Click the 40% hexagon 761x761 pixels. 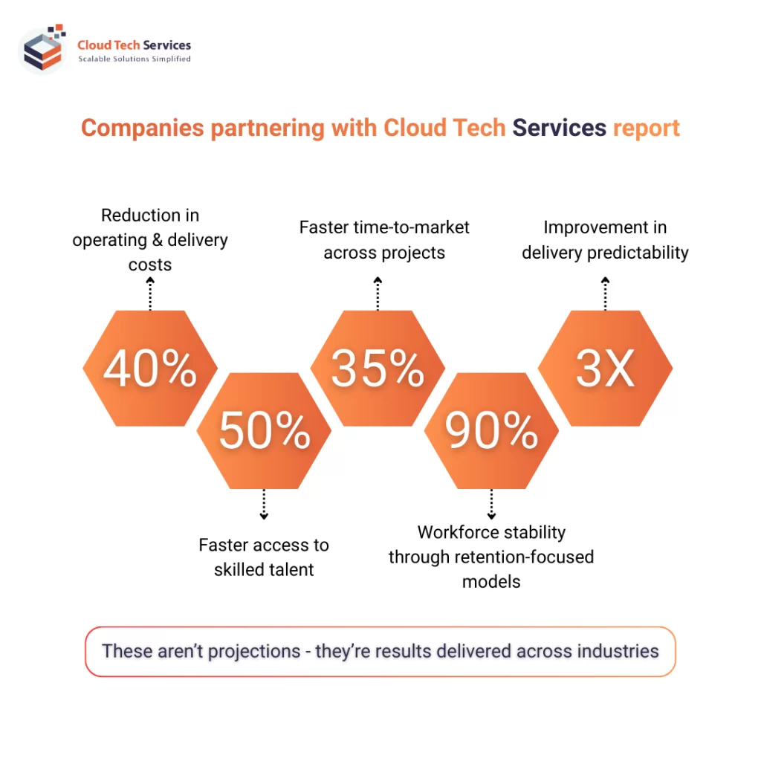point(150,368)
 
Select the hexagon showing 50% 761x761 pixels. point(264,430)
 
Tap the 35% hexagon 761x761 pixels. point(378,368)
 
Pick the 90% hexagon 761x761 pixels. point(491,430)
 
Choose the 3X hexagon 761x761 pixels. point(605,368)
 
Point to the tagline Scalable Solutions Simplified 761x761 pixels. point(135,59)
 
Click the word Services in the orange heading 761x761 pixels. point(559,128)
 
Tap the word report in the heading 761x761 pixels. point(646,128)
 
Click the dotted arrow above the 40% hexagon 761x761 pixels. point(150,294)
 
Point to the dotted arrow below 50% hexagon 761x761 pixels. point(264,505)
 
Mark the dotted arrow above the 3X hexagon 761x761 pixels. point(605,294)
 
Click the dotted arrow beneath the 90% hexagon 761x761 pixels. point(491,505)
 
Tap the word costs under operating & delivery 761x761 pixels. point(150,265)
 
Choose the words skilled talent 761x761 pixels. point(264,570)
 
